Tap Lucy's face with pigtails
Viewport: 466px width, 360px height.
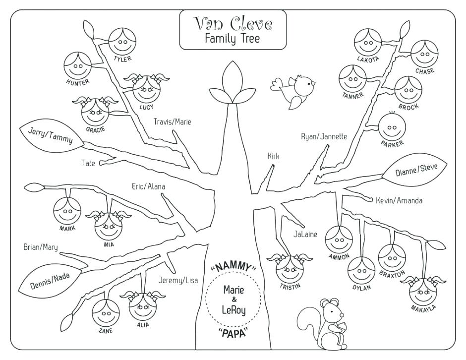coord(146,89)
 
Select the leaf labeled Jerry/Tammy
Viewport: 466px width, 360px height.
coord(47,134)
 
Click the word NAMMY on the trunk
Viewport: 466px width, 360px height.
coord(233,268)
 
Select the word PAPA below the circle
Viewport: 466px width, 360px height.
coord(233,332)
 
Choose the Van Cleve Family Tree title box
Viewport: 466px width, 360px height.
coord(233,30)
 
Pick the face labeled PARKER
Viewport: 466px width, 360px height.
coord(392,127)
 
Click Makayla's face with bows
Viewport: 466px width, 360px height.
coord(422,292)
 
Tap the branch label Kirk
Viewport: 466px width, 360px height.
coord(273,156)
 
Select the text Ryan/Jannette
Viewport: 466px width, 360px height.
coord(324,136)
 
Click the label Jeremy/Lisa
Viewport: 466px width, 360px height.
coord(178,280)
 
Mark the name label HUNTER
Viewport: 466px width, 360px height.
coord(77,82)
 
